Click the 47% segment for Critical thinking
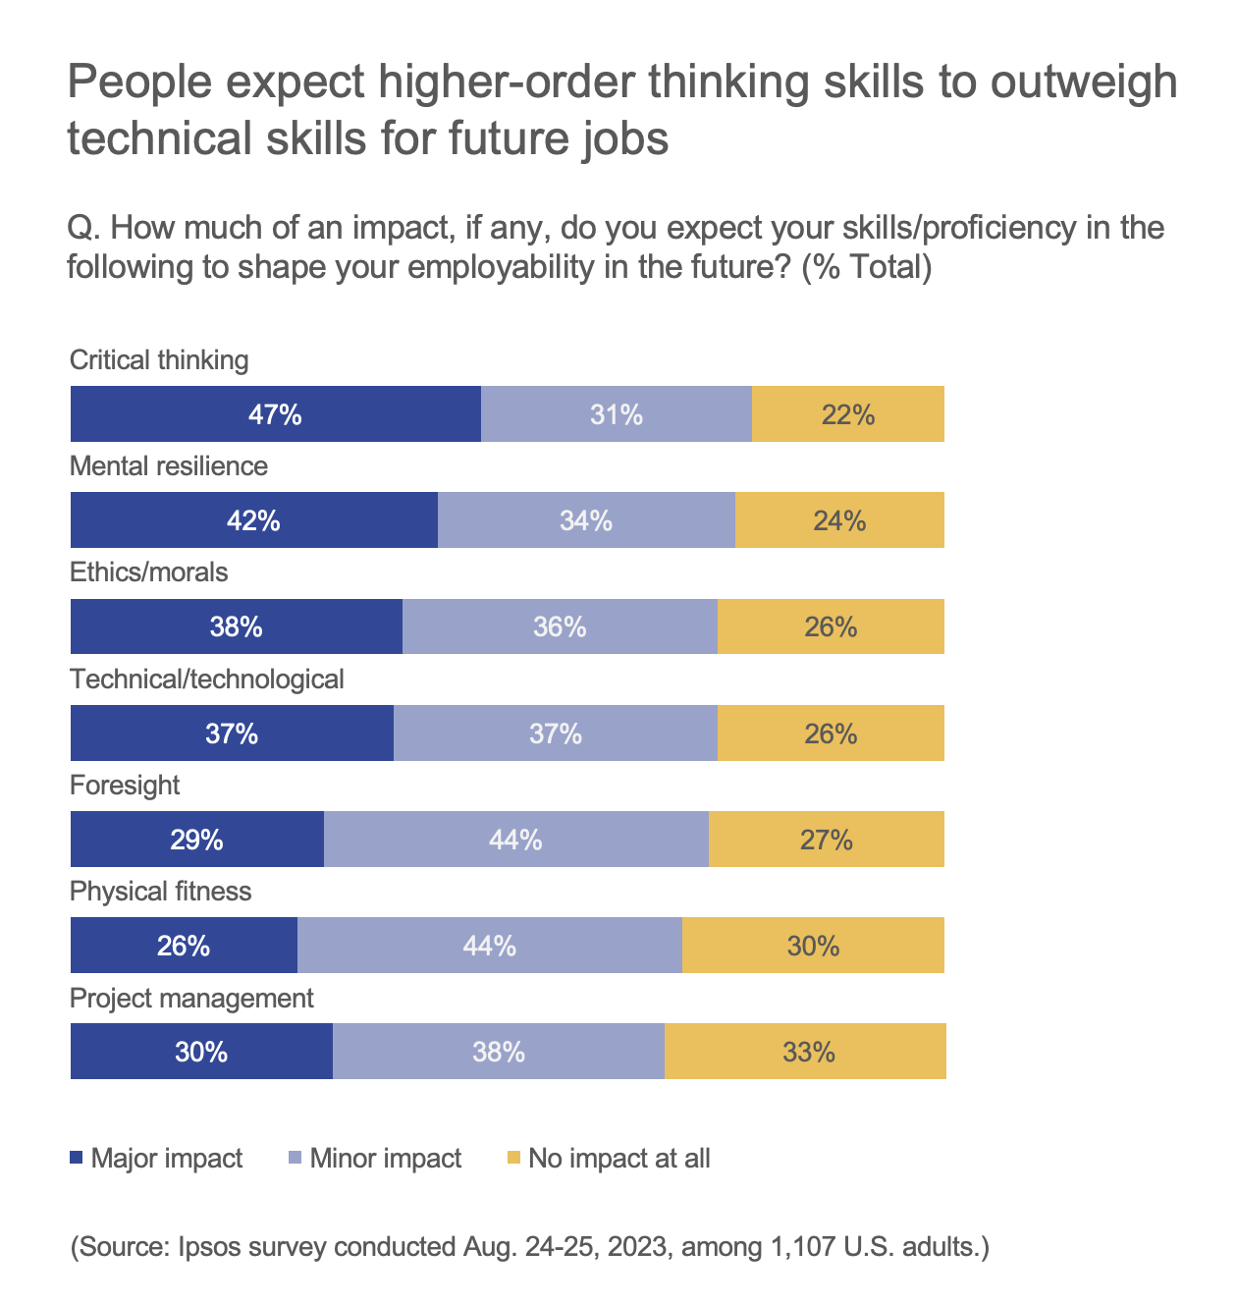(275, 414)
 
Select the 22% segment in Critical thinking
(848, 414)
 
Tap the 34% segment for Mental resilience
(586, 520)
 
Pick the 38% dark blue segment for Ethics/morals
(236, 626)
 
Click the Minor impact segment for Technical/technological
(556, 733)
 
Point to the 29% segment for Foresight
(196, 840)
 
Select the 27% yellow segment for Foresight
(826, 840)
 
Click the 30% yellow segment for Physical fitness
(813, 946)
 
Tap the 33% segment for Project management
(808, 1052)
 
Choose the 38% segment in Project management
(499, 1052)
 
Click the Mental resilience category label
(169, 465)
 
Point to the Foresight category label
(125, 785)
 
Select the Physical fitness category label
(161, 892)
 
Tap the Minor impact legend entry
(385, 1159)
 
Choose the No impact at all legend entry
(618, 1159)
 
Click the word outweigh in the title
(1083, 82)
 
